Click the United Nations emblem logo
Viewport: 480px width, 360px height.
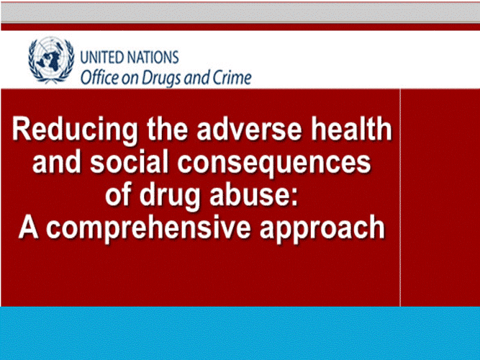[51, 60]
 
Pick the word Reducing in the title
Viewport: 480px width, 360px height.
[76, 130]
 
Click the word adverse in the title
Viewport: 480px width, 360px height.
[249, 130]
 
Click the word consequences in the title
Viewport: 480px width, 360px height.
[274, 163]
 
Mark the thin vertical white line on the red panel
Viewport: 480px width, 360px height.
[400, 197]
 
